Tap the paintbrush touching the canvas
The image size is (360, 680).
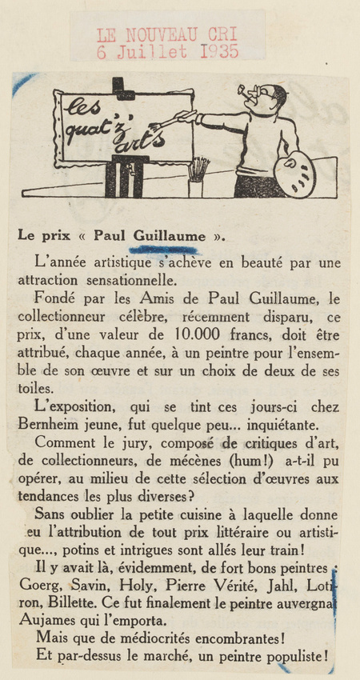click(x=172, y=120)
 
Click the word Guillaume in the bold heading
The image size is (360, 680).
click(x=174, y=235)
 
